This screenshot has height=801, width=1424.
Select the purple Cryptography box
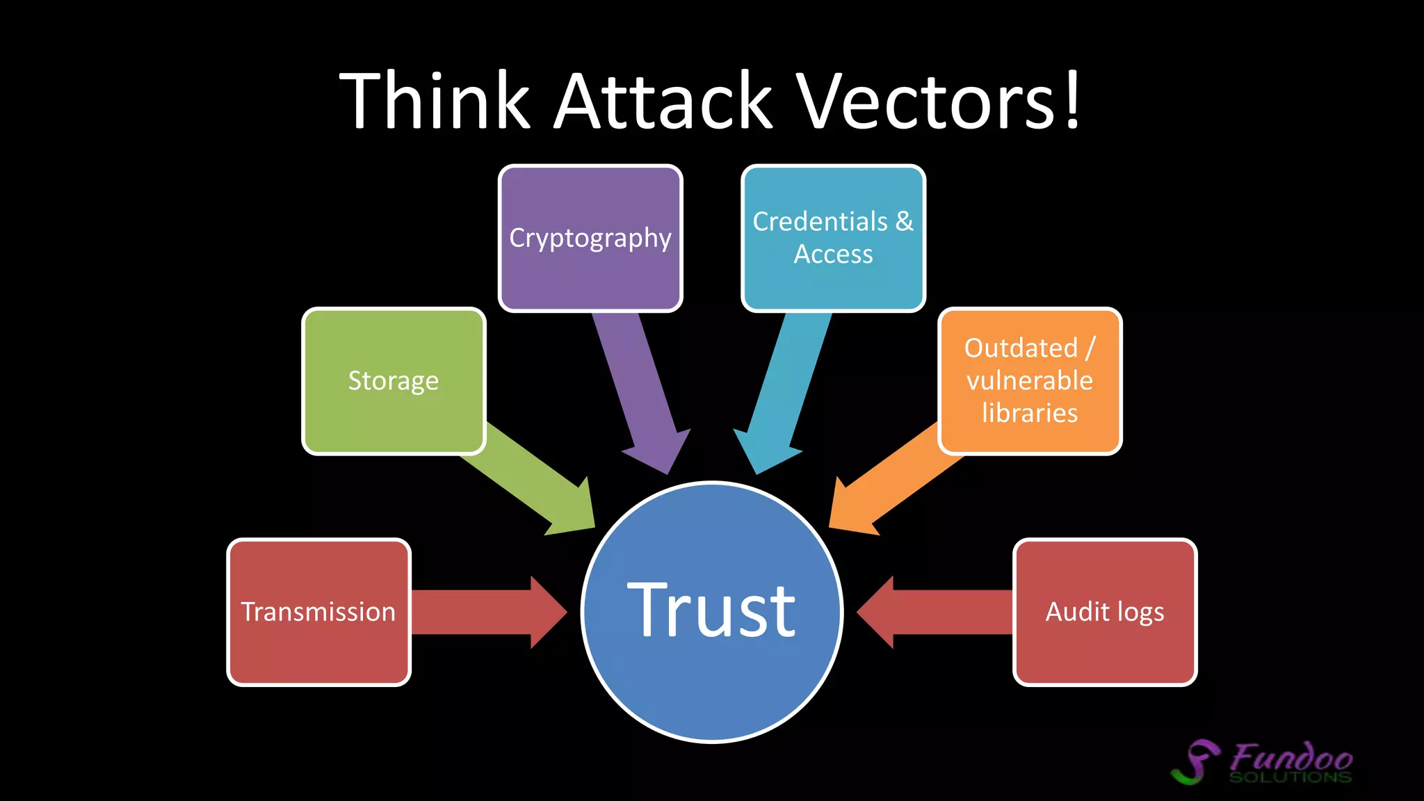click(x=590, y=238)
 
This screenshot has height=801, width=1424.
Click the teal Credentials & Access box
click(x=833, y=238)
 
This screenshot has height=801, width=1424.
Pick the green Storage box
click(x=394, y=381)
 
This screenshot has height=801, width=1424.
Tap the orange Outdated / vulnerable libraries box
click(x=1030, y=381)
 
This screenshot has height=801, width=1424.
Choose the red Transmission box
click(x=318, y=612)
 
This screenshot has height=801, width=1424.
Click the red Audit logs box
click(x=1105, y=612)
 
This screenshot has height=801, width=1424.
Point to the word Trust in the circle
click(x=711, y=610)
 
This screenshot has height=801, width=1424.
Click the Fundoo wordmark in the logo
click(x=1291, y=756)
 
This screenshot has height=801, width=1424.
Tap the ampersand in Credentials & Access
click(x=904, y=222)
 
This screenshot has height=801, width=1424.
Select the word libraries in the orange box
click(x=1030, y=413)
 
